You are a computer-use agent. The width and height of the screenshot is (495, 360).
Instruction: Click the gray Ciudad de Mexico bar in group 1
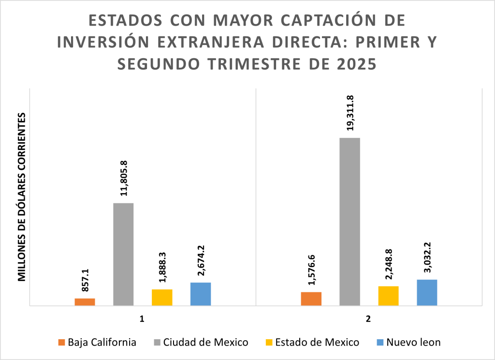point(123,254)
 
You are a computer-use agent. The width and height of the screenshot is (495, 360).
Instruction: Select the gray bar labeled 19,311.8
point(349,222)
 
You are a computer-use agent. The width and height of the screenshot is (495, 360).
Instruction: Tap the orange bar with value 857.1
point(85,302)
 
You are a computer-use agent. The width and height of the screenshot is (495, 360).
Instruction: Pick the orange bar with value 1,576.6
point(311,299)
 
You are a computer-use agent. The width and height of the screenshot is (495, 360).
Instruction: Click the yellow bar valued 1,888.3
point(162,297)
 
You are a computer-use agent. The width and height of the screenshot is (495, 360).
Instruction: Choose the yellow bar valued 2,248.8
point(388,296)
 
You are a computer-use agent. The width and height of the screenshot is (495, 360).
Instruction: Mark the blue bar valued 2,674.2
point(201,294)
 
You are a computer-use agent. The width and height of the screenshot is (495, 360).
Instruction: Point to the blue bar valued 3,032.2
point(427,292)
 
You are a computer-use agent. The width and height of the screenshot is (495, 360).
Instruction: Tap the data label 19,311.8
point(350,113)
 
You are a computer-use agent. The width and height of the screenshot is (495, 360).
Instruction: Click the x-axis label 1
point(142,320)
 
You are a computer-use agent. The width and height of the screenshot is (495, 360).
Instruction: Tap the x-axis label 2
point(368,320)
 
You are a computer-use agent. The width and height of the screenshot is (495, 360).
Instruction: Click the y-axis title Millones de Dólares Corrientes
point(22,197)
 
